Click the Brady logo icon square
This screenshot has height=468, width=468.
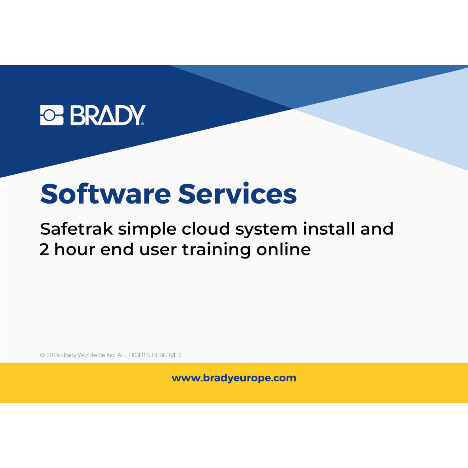(x=51, y=115)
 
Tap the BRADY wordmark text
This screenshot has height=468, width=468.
(x=108, y=115)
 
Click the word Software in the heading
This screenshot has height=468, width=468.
(x=105, y=194)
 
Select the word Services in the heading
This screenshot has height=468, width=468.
(x=238, y=194)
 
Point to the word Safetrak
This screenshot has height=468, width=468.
(x=76, y=229)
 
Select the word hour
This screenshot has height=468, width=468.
(x=74, y=249)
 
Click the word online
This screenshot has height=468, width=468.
(x=284, y=249)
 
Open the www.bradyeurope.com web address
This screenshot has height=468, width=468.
(x=234, y=378)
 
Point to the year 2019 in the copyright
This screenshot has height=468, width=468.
(x=53, y=355)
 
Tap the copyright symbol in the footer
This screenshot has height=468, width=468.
(x=42, y=355)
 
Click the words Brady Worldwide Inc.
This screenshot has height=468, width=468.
(x=88, y=355)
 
